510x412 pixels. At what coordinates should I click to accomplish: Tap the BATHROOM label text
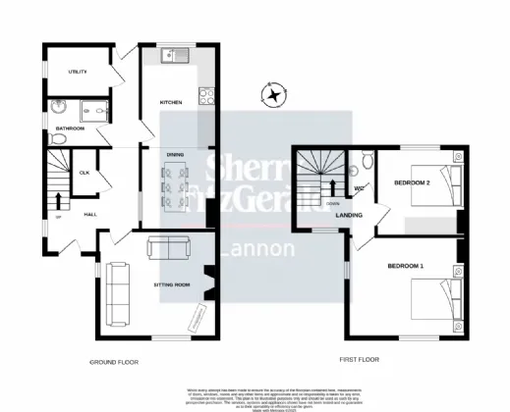pyautogui.click(x=70, y=129)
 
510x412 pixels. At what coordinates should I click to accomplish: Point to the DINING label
pyautogui.click(x=175, y=155)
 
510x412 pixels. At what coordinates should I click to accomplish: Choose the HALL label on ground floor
pyautogui.click(x=90, y=213)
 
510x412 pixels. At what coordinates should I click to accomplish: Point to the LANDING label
pyautogui.click(x=349, y=215)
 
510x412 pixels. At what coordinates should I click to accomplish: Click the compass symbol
pyautogui.click(x=273, y=95)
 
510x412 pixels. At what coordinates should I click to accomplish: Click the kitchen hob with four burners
pyautogui.click(x=207, y=96)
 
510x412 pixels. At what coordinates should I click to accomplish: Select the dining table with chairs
pyautogui.click(x=178, y=182)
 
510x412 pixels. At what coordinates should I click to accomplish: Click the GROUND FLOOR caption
pyautogui.click(x=113, y=362)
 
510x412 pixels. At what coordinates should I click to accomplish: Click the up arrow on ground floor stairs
pyautogui.click(x=57, y=201)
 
